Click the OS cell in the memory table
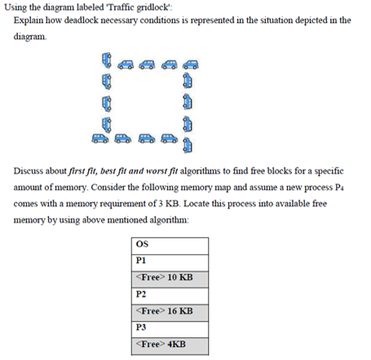pyautogui.click(x=170, y=244)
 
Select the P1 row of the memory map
pyautogui.click(x=170, y=261)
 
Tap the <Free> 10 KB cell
pyautogui.click(x=170, y=277)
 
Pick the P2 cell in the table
pyautogui.click(x=170, y=294)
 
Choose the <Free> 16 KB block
pyautogui.click(x=170, y=311)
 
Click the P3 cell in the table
pyautogui.click(x=170, y=328)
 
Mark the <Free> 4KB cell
pyautogui.click(x=170, y=345)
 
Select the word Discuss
pyautogui.click(x=30, y=172)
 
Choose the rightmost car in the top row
pyautogui.click(x=191, y=64)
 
